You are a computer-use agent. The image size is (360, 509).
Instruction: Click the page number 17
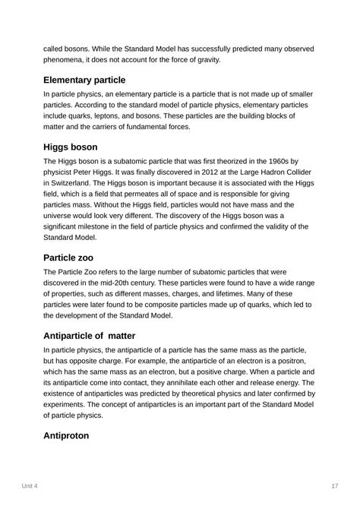[x=335, y=486]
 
